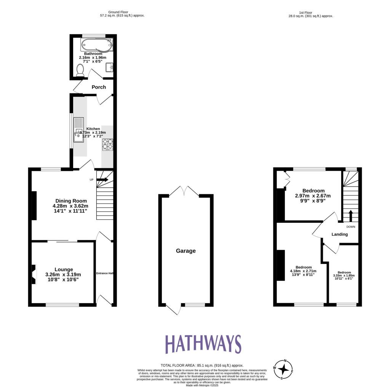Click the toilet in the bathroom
80,70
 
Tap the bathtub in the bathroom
96,46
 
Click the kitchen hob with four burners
107,144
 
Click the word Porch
99,87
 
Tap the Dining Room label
71,201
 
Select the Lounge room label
64,269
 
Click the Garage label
186,251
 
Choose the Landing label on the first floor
339,234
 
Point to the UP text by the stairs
91,180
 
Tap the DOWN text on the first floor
351,227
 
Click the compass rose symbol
283,369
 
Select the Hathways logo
203,344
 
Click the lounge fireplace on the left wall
34,275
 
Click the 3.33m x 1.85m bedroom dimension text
344,276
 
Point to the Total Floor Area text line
202,365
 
